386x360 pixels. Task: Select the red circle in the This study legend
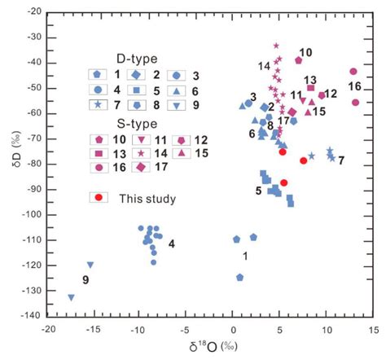click(99, 197)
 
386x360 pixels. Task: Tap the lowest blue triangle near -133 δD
click(72, 297)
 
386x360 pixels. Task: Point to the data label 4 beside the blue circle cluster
click(171, 244)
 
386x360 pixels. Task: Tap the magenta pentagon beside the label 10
click(299, 60)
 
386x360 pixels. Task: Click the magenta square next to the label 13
click(311, 88)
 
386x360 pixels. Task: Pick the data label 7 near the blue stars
click(340, 160)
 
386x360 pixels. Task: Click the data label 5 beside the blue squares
click(259, 191)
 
